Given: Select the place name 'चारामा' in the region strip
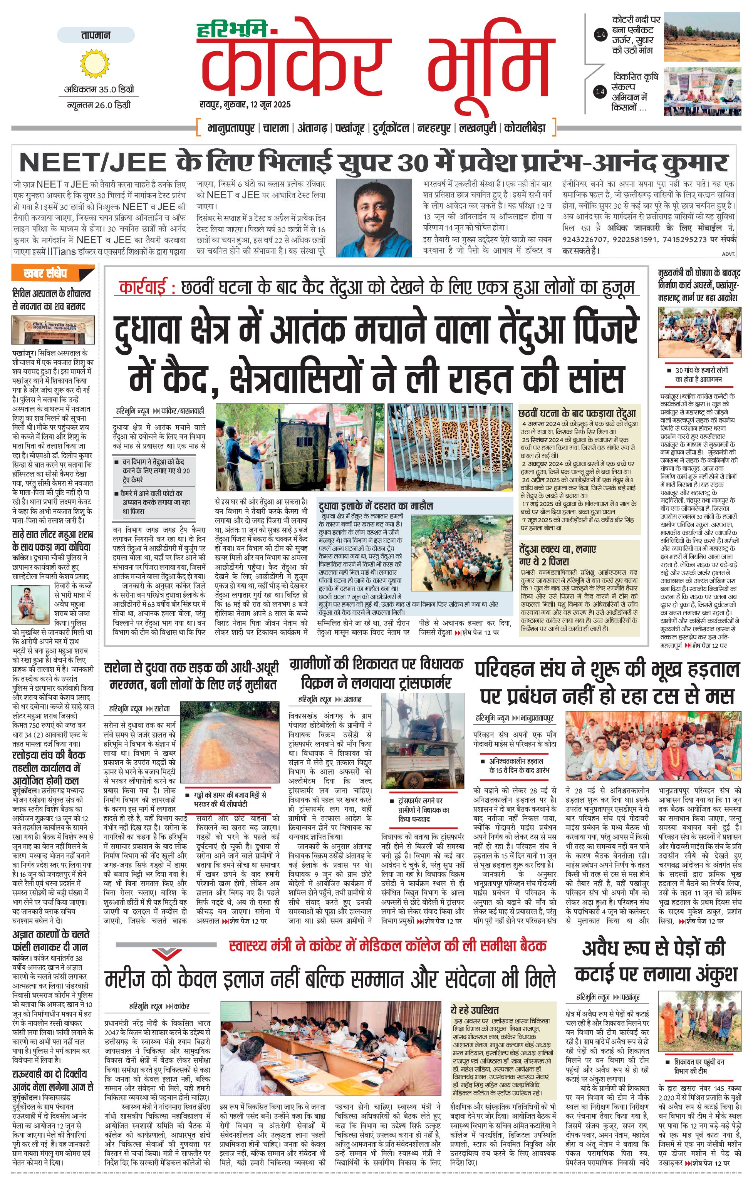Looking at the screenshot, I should pyautogui.click(x=276, y=128).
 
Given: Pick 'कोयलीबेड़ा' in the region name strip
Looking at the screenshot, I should pyautogui.click(x=525, y=128).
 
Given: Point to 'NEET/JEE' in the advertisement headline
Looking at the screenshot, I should pyautogui.click(x=92, y=162).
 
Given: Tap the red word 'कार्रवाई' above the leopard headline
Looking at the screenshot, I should pyautogui.click(x=147, y=288).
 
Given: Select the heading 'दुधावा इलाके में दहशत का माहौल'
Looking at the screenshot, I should pyautogui.click(x=376, y=506).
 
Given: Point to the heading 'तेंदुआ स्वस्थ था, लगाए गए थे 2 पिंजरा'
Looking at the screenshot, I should pyautogui.click(x=558, y=555).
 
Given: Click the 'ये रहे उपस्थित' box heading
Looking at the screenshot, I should pyautogui.click(x=475, y=1010).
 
